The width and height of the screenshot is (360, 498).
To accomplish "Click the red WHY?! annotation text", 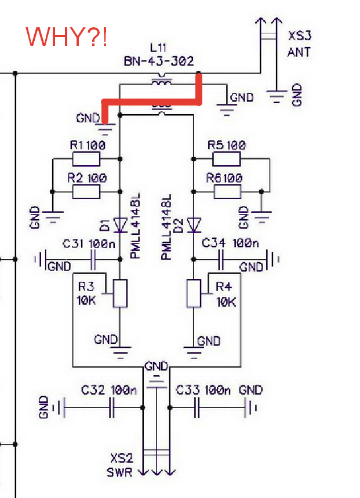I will (66, 37).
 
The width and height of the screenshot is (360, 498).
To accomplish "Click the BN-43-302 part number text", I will (158, 61).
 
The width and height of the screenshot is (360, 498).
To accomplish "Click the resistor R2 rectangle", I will (86, 192).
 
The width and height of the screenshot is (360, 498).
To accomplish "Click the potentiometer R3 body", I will (120, 293).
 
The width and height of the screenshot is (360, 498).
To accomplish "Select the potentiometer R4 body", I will (193, 293).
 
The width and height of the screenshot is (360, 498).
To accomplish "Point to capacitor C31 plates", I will (93, 259).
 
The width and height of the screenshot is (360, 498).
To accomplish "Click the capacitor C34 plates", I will (221, 259).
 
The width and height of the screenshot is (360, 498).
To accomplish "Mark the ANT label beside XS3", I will (299, 52).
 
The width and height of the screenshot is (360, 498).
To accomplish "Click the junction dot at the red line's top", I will (199, 74).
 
